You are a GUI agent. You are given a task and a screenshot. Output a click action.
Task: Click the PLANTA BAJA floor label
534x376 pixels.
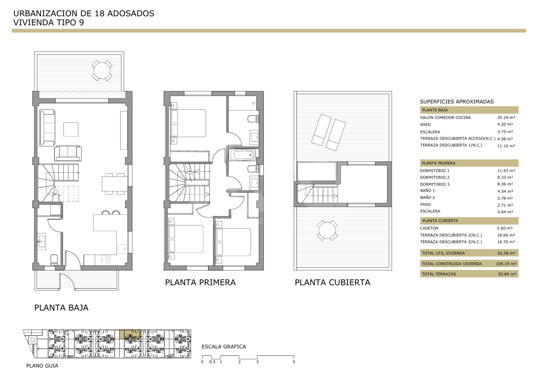click(61, 308)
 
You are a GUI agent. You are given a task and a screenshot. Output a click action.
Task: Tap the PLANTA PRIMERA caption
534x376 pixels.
click(200, 282)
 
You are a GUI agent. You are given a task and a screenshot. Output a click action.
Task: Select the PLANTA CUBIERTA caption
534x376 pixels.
click(332, 282)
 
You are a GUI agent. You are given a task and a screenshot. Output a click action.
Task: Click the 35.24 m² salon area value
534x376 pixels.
click(506, 118)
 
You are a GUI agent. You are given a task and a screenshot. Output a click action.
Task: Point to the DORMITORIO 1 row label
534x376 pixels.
click(435, 171)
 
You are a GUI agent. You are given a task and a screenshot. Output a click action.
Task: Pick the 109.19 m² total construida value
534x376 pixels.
click(506, 264)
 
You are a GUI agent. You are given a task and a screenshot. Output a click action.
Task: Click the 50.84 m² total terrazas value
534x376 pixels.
click(507, 274)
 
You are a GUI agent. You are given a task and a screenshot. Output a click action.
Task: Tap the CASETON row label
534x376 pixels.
click(429, 228)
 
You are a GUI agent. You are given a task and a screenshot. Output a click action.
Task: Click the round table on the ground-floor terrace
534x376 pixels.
click(102, 70)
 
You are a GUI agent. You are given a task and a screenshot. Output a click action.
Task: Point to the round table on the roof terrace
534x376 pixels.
click(327, 230)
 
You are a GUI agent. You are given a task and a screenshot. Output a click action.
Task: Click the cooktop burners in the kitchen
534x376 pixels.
click(106, 260)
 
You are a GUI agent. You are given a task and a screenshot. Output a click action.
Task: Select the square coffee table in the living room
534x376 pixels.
click(71, 129)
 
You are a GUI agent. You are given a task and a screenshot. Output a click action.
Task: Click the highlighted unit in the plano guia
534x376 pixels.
click(130, 334)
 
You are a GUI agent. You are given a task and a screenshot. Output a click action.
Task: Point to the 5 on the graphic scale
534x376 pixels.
click(294, 362)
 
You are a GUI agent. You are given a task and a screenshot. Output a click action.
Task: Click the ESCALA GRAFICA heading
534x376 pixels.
click(224, 346)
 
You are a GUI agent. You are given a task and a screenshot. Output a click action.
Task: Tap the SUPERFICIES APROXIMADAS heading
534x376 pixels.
click(457, 102)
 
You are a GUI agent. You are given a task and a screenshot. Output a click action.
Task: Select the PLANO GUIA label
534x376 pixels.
click(42, 366)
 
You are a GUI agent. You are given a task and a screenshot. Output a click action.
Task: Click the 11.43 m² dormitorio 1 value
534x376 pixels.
click(506, 171)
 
